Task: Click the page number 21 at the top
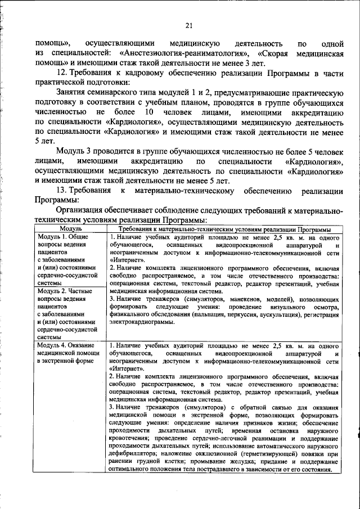(188, 24)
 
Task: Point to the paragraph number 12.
(62, 73)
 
